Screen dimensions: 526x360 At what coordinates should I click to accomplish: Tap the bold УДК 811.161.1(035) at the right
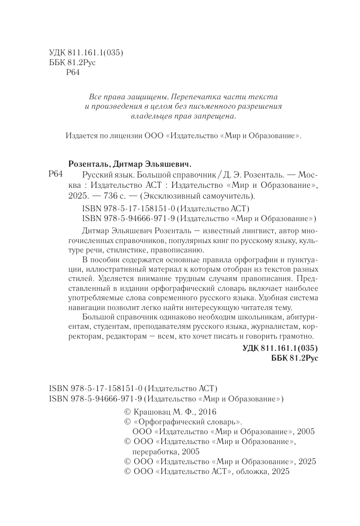click(x=281, y=348)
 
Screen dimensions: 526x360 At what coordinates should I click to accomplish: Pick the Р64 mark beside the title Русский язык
click(x=56, y=175)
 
